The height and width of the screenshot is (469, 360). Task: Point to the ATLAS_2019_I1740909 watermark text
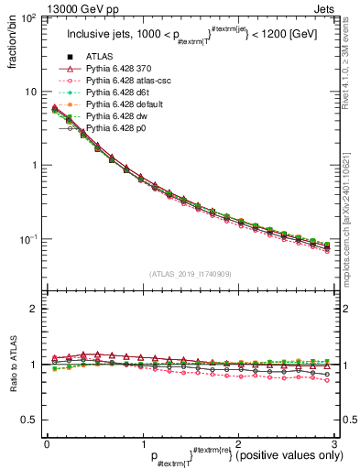[190, 274]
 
